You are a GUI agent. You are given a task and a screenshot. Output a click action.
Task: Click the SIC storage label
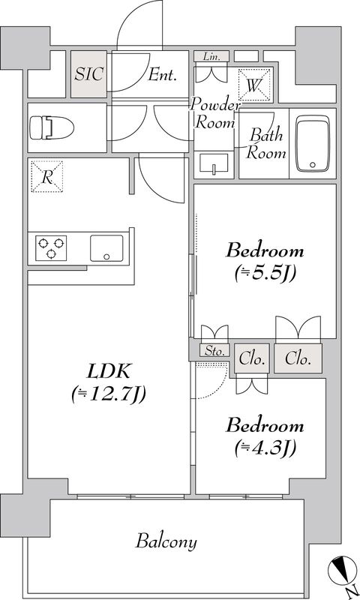89,74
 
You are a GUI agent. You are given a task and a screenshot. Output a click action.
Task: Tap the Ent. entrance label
161,74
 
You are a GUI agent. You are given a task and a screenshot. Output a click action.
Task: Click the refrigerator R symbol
46,177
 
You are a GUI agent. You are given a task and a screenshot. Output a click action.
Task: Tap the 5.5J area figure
265,273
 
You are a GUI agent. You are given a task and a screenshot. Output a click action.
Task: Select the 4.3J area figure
265,448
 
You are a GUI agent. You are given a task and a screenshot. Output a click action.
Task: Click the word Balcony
166,541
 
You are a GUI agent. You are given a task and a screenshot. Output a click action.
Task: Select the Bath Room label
267,144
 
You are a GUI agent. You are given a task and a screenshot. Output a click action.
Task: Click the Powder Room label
215,113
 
